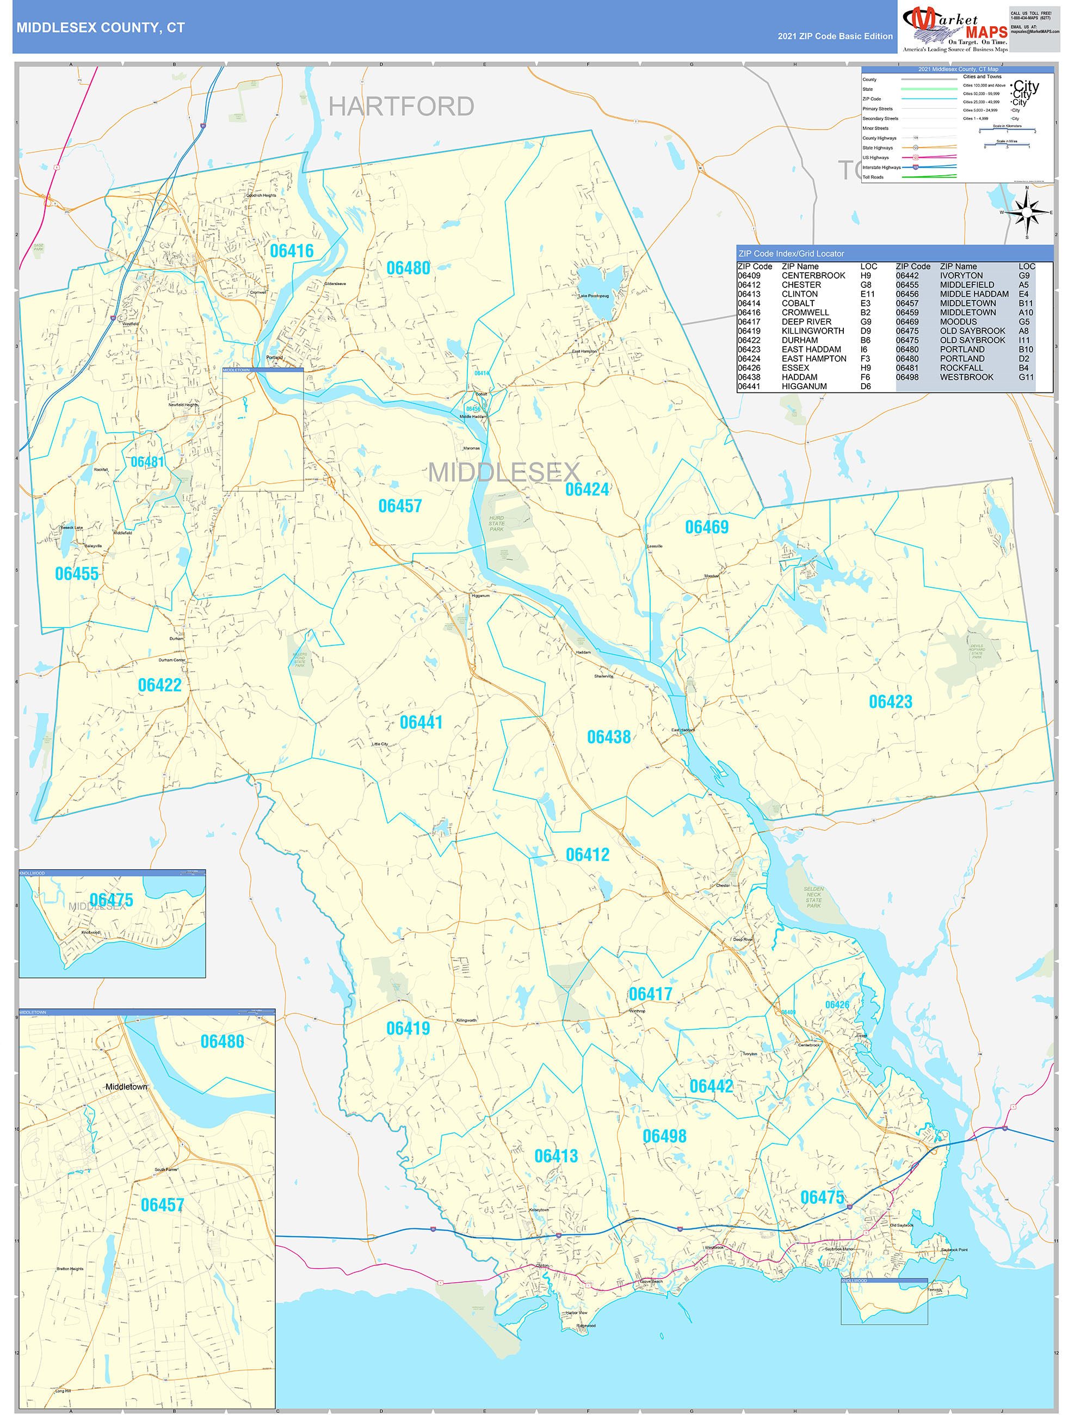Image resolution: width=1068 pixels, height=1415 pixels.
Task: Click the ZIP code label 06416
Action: (x=292, y=251)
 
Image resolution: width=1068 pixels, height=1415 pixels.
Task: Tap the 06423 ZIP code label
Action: (x=890, y=702)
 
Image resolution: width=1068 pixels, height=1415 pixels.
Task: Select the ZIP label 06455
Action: (x=77, y=573)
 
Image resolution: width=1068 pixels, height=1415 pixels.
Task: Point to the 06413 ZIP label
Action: (x=555, y=1156)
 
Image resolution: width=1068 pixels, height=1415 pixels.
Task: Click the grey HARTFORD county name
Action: (x=401, y=107)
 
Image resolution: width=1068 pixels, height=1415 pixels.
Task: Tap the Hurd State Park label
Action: (x=496, y=523)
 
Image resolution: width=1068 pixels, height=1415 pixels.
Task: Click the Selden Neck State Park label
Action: (x=813, y=897)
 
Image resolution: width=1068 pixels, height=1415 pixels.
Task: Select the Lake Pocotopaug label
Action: (x=594, y=296)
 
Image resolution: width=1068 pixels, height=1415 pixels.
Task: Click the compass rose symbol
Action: (x=1027, y=212)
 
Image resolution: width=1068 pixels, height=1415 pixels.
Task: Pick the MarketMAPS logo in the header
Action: (x=955, y=28)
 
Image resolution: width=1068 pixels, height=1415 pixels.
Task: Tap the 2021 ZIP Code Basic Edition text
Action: (x=835, y=36)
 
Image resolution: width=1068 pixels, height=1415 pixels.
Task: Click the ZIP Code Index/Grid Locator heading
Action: (x=791, y=253)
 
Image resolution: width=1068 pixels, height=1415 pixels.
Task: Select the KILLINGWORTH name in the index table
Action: (x=812, y=331)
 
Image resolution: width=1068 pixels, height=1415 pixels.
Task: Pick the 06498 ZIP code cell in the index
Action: (x=907, y=377)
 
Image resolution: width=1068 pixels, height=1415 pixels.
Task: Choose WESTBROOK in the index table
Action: (x=966, y=377)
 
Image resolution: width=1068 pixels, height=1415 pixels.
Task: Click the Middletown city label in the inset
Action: (x=126, y=1087)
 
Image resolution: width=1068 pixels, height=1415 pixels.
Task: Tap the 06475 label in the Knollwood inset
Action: (x=112, y=900)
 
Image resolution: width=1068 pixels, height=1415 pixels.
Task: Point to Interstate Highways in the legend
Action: (x=881, y=168)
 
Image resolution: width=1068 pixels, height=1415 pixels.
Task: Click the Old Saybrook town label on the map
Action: (x=902, y=1225)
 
